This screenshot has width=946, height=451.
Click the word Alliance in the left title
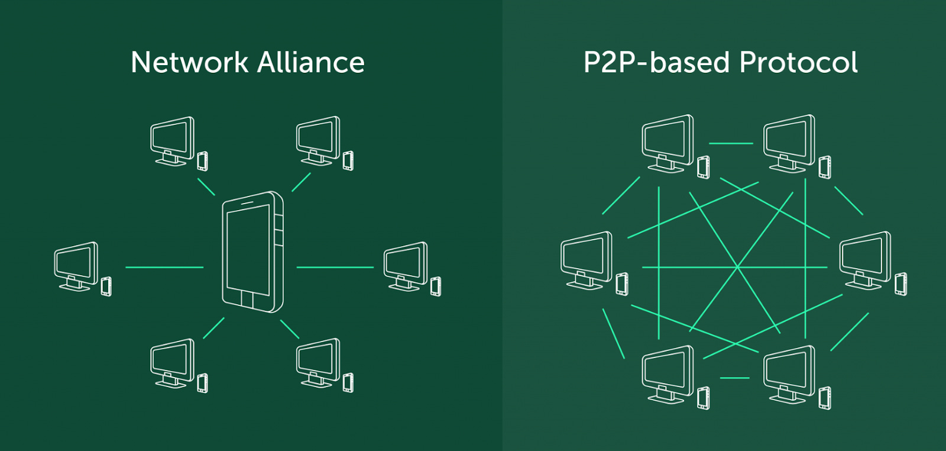pyautogui.click(x=311, y=63)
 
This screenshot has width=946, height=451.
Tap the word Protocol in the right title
pyautogui.click(x=798, y=63)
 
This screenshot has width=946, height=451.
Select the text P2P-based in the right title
pyautogui.click(x=656, y=63)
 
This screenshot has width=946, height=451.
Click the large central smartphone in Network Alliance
pyautogui.click(x=252, y=252)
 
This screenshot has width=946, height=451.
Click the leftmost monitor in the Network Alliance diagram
pyautogui.click(x=76, y=265)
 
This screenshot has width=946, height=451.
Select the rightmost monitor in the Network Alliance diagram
pyautogui.click(x=406, y=265)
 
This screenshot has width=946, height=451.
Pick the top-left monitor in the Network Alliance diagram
pyautogui.click(x=172, y=140)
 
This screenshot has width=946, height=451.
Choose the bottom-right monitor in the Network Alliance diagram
pyautogui.click(x=318, y=362)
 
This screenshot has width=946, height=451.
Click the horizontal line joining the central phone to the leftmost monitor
pyautogui.click(x=164, y=268)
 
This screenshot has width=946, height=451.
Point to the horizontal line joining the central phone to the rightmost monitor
pyautogui.click(x=335, y=268)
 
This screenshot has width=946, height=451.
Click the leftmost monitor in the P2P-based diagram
pyautogui.click(x=587, y=259)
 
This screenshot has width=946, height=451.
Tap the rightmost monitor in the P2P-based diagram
pyautogui.click(x=865, y=259)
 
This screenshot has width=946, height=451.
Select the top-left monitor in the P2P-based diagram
pyautogui.click(x=668, y=143)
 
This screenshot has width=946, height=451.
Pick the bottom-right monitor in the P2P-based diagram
pyautogui.click(x=789, y=373)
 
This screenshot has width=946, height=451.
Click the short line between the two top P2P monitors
pyautogui.click(x=731, y=143)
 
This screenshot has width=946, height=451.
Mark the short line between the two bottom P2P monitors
pyautogui.click(x=734, y=378)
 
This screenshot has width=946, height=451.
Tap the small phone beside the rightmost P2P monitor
pyautogui.click(x=900, y=284)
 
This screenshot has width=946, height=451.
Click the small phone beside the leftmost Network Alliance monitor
pyautogui.click(x=106, y=286)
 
